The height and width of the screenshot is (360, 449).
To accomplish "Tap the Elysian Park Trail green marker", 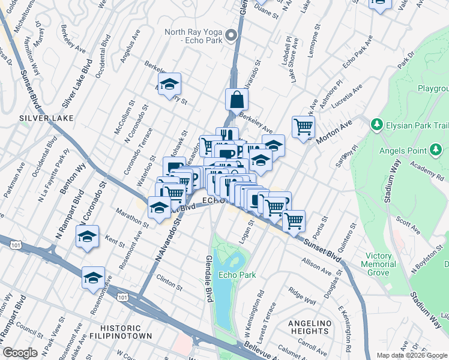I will pyautogui.click(x=376, y=125).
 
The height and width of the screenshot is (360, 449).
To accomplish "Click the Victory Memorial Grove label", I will pyautogui.click(x=379, y=264).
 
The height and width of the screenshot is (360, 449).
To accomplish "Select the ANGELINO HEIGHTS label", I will pyautogui.click(x=310, y=328).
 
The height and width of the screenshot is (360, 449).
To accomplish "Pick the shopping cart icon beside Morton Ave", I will pyautogui.click(x=304, y=127).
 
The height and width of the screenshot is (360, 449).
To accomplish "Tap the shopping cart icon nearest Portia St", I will pyautogui.click(x=294, y=220).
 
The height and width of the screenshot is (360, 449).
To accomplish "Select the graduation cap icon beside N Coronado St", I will pyautogui.click(x=88, y=236).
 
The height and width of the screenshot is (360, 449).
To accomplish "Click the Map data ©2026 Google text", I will pyautogui.click(x=411, y=355).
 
